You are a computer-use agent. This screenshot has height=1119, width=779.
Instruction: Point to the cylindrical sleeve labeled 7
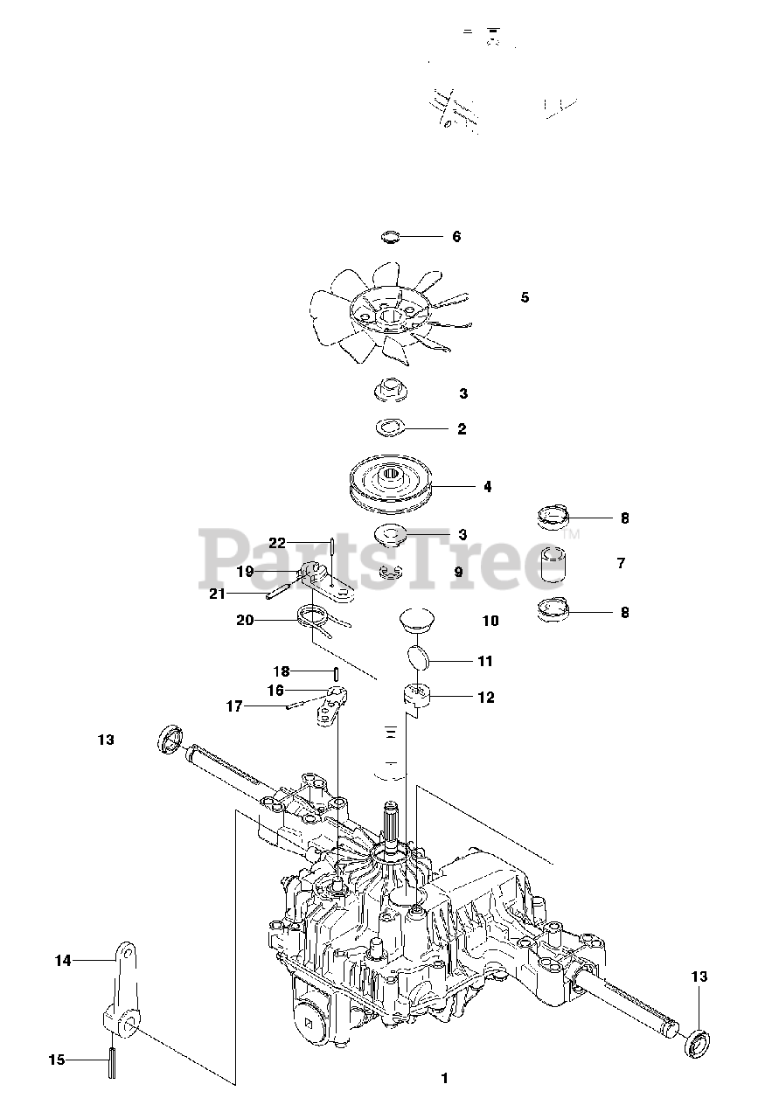tap(552, 564)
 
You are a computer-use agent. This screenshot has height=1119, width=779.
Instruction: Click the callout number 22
tap(277, 543)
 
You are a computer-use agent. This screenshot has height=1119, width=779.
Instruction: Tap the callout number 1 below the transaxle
tap(444, 1078)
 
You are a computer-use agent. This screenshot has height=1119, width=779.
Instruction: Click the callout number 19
tap(245, 572)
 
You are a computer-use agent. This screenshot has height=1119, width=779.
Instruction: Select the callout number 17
tap(233, 706)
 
